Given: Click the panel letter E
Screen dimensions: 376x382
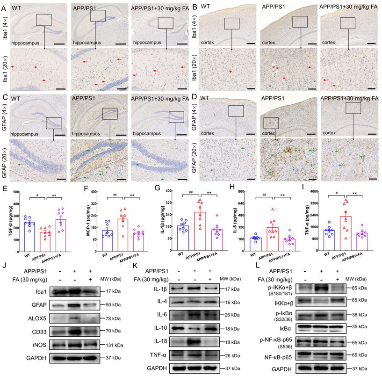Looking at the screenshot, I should pos(4,189).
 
